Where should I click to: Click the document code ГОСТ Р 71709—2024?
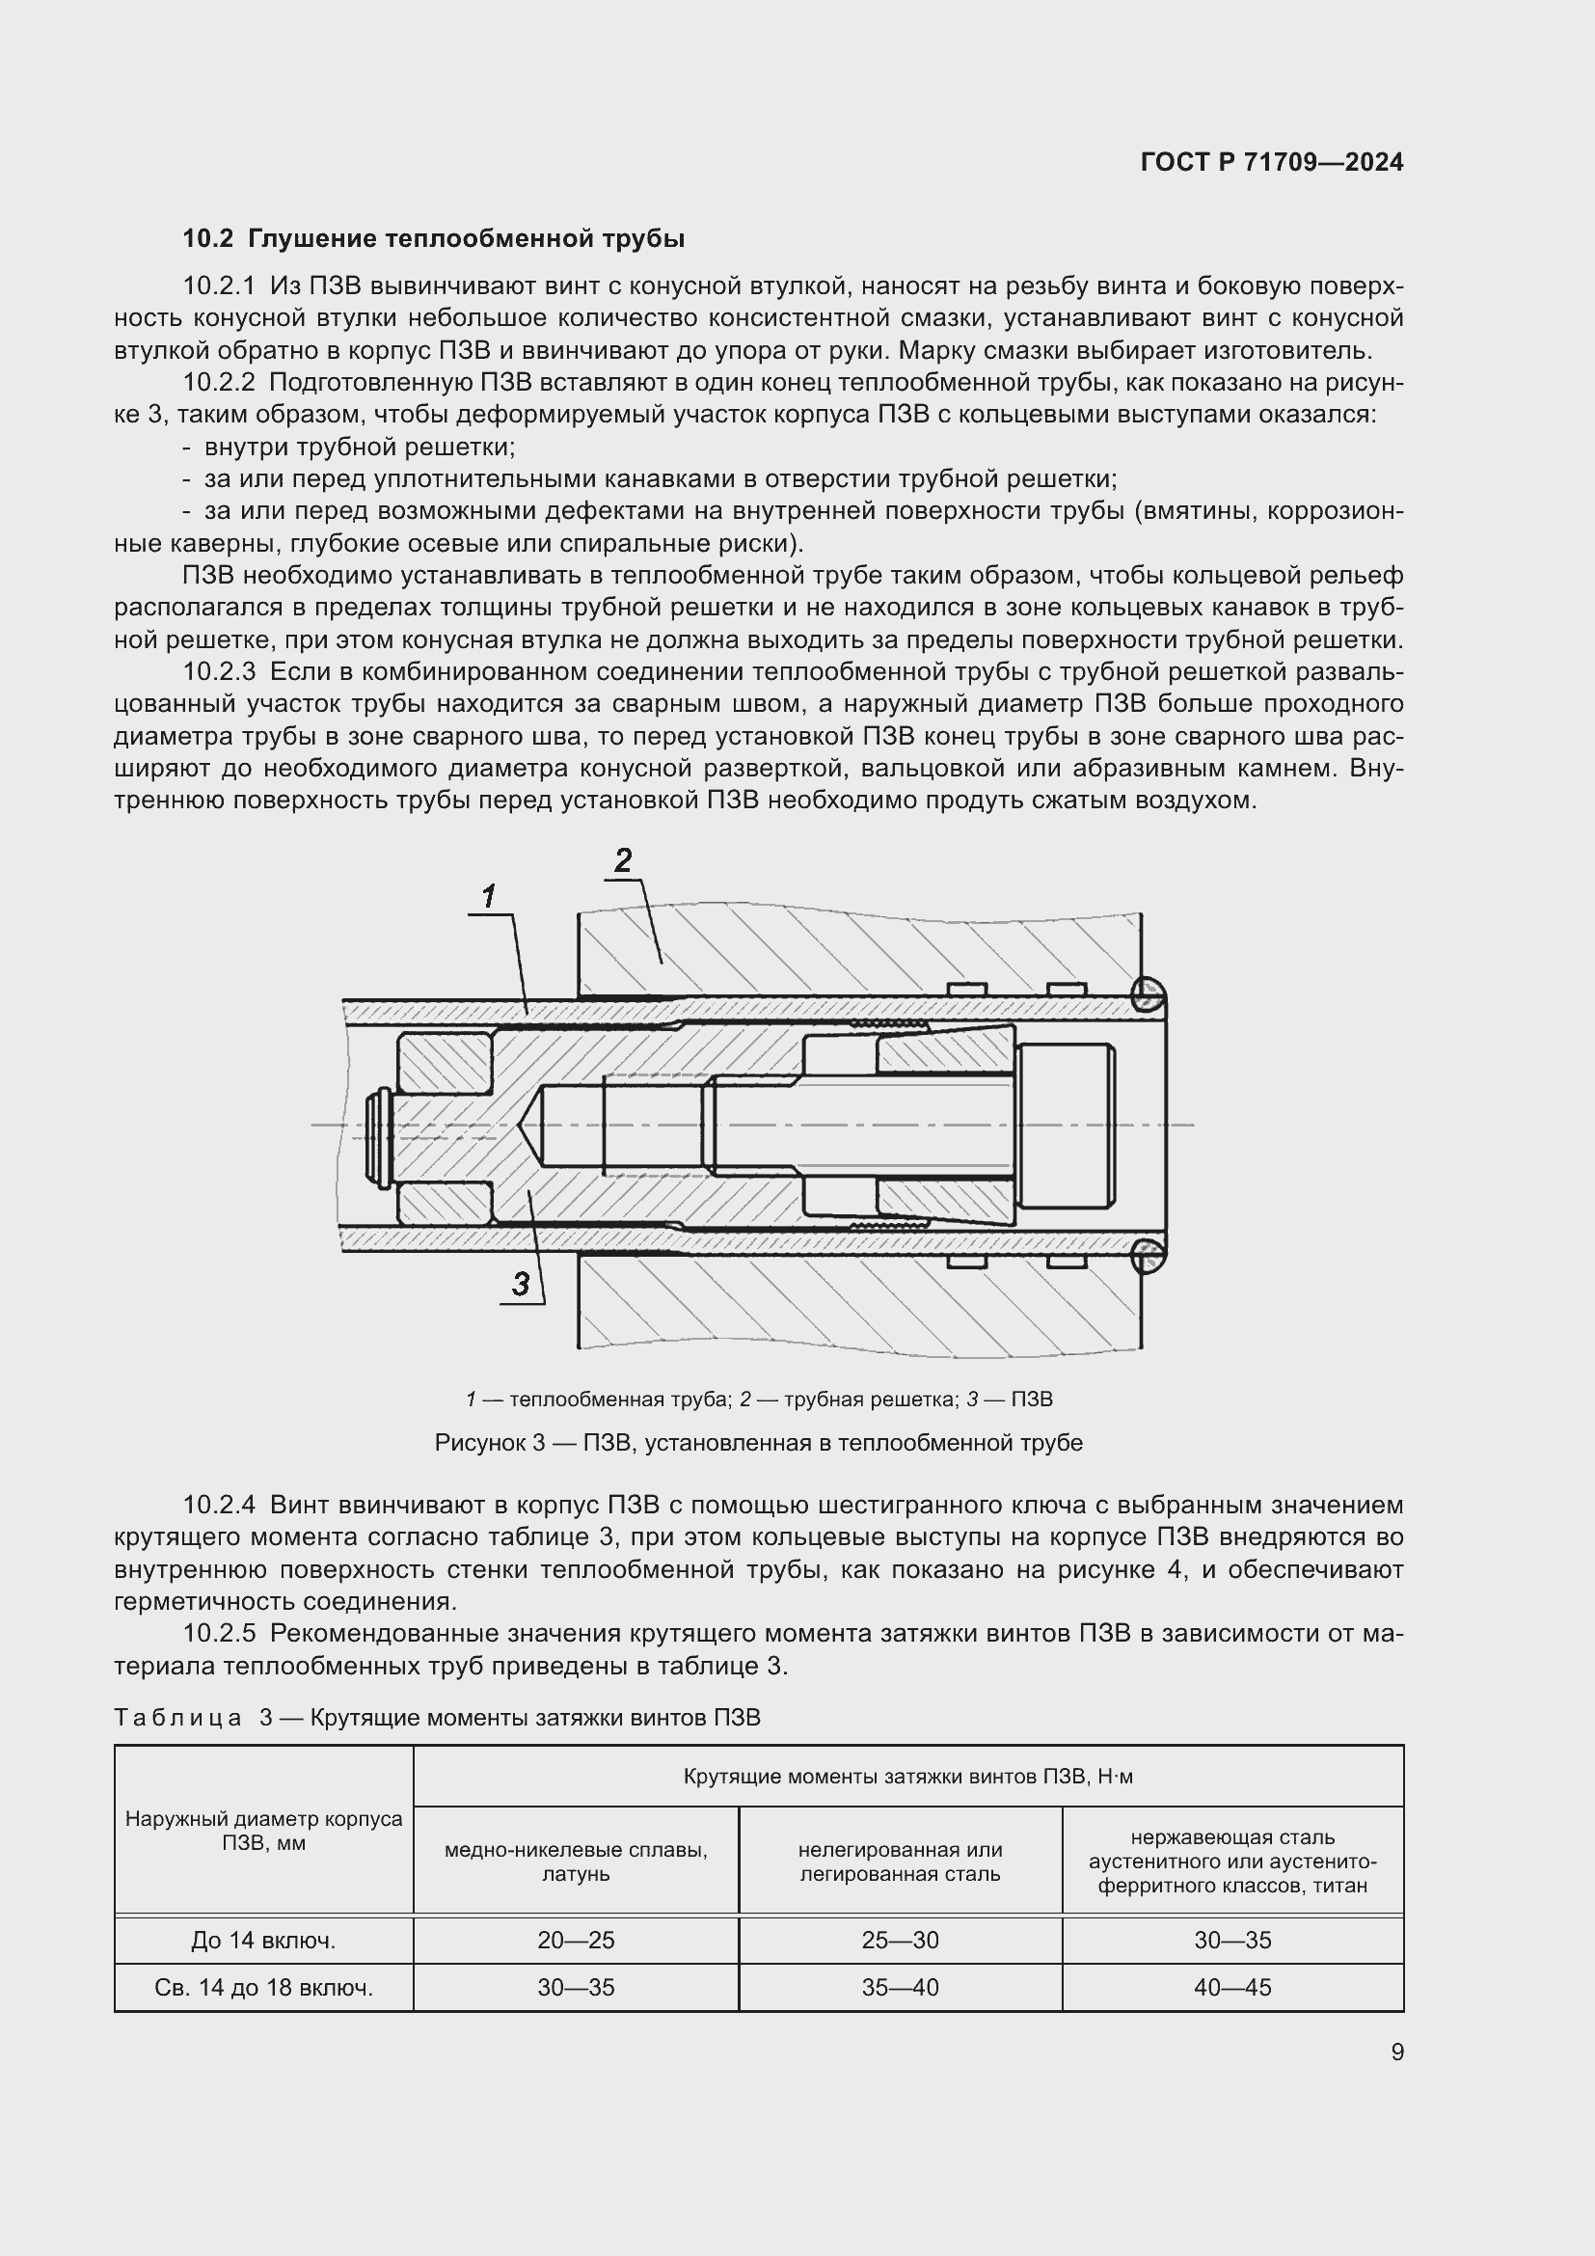click(x=1271, y=162)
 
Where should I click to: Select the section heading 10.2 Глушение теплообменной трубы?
click(x=433, y=239)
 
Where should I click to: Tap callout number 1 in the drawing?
click(x=488, y=896)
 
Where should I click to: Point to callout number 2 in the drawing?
click(x=623, y=860)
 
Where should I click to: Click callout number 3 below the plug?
click(x=521, y=1283)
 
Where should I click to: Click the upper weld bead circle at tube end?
click(x=1148, y=994)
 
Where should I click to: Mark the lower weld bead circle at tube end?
click(x=1148, y=1256)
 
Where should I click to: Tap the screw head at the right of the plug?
click(x=1066, y=1125)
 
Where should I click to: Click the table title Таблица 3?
click(x=437, y=1718)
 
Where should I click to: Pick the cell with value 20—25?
click(x=576, y=1941)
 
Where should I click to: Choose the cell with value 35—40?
click(x=900, y=1988)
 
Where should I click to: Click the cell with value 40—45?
click(x=1231, y=1988)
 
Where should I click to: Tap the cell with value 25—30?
click(x=900, y=1941)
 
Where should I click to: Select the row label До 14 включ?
click(x=263, y=1941)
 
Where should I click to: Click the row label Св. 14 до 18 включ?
click(x=263, y=1988)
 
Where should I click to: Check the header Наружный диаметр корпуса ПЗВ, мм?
click(x=263, y=1831)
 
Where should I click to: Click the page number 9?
click(x=1396, y=2052)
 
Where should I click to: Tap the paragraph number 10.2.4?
click(x=218, y=1506)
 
